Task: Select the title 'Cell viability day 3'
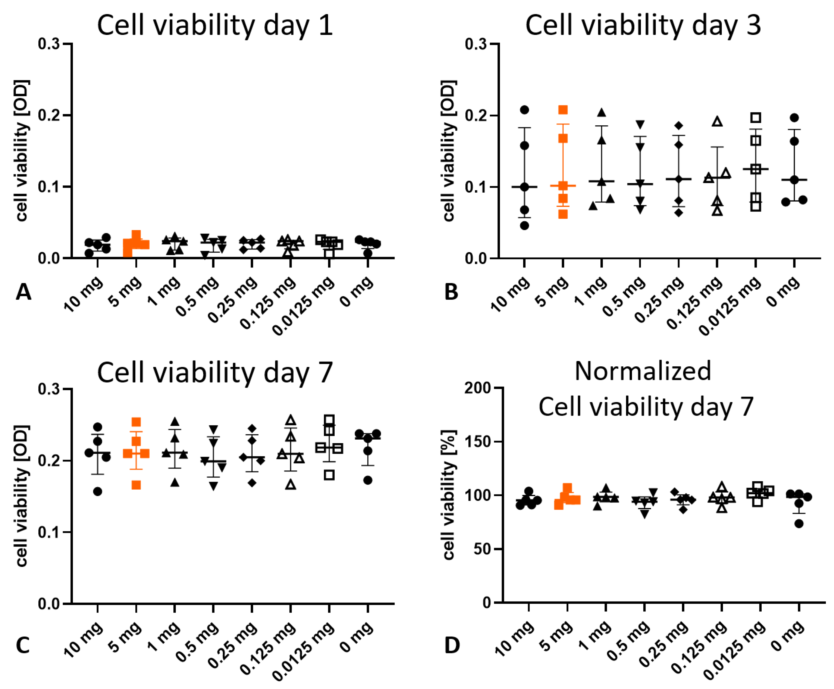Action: click(x=643, y=25)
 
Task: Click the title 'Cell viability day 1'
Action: click(x=215, y=25)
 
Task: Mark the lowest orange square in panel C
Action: click(x=136, y=485)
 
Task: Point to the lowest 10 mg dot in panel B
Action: click(x=524, y=225)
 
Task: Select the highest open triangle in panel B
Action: click(x=717, y=121)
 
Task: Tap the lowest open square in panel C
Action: click(x=329, y=475)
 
